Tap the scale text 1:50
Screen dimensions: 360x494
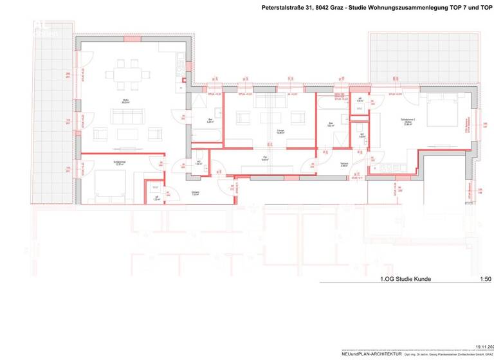tap(485, 279)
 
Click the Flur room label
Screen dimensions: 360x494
tap(264, 157)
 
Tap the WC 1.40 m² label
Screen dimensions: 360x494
tap(361, 136)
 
